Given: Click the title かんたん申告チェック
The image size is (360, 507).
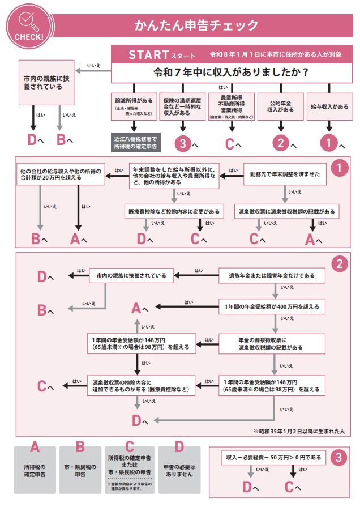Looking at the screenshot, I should coord(196,25).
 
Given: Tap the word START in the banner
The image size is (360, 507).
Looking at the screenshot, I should coord(149,55).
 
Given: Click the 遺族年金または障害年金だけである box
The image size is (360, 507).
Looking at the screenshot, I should coord(272,276).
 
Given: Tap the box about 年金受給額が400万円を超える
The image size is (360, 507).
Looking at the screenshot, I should coord(272,308).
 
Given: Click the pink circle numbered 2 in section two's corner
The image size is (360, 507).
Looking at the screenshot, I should coord(338,264).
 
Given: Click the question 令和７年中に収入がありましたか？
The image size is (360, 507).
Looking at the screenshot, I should coord(231,73).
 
